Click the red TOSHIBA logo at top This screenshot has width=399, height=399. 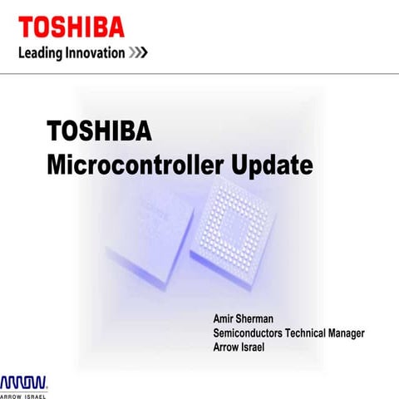(x=71, y=27)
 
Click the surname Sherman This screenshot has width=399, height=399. (x=266, y=318)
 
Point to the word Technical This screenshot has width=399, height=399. (x=308, y=332)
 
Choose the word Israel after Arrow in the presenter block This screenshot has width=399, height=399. (x=250, y=347)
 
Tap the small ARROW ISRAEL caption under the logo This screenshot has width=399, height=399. (x=23, y=396)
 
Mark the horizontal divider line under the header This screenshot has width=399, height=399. (x=199, y=74)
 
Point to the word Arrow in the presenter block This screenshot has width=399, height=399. (x=225, y=347)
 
